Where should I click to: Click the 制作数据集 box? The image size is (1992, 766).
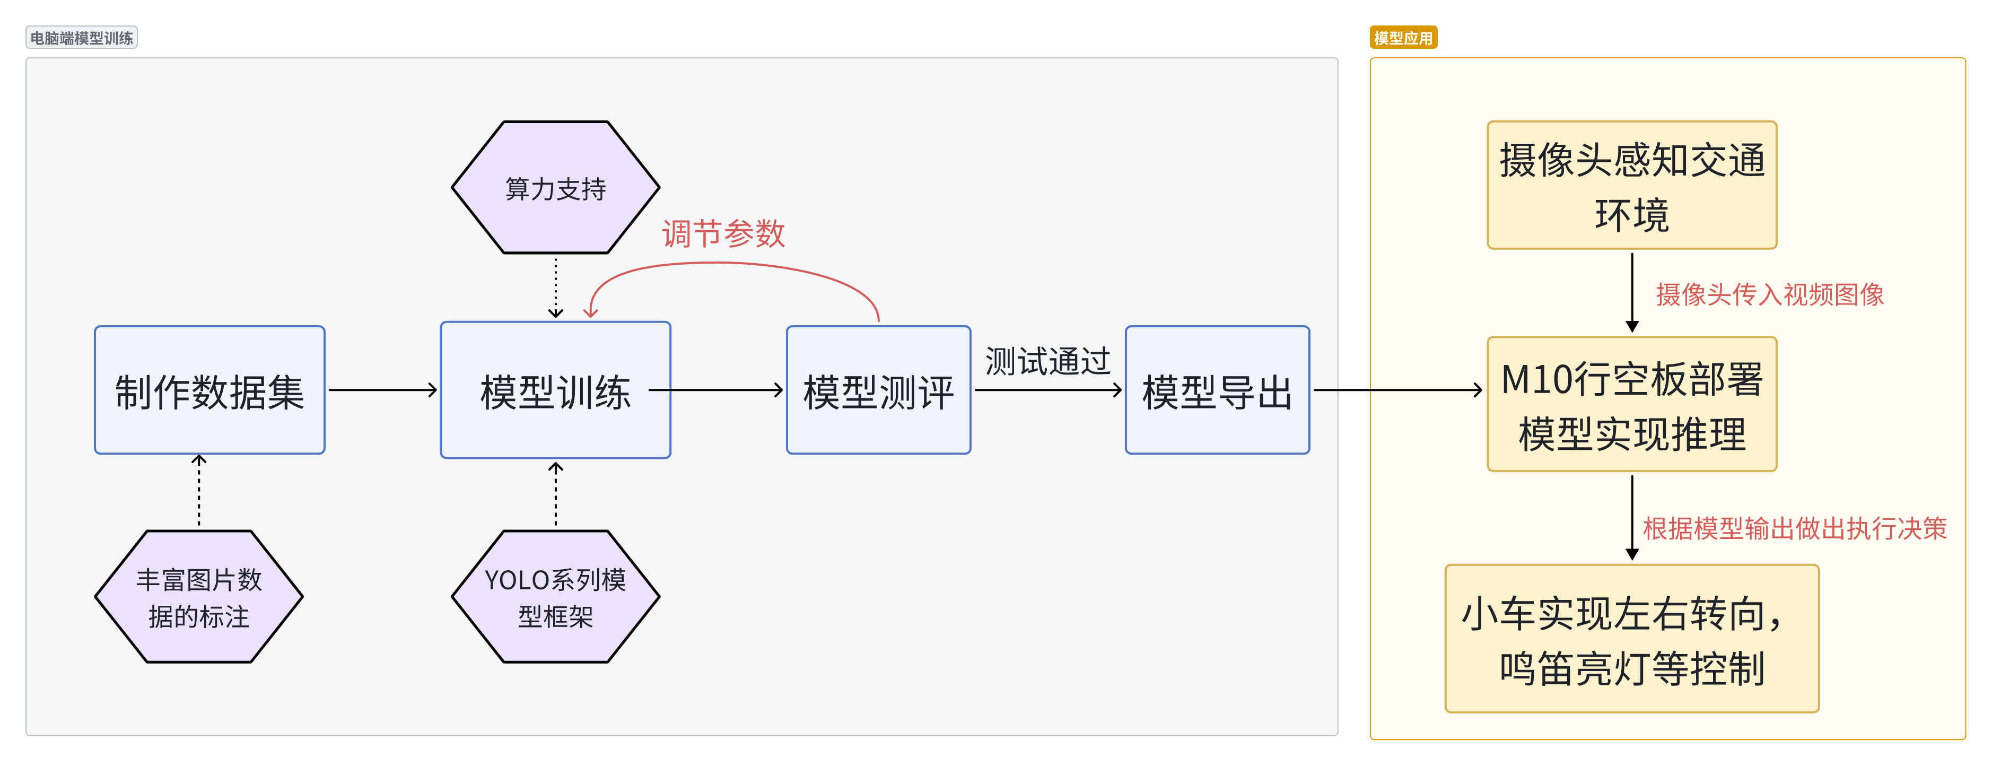209,390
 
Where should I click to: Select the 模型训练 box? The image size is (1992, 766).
555,390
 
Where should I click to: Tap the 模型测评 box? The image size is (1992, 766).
878,390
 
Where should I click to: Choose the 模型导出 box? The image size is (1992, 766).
1217,390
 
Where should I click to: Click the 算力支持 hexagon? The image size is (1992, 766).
555,187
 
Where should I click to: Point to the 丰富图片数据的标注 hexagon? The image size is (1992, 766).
199,597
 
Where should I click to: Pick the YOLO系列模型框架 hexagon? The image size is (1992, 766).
555,597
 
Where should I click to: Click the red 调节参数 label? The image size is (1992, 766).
723,233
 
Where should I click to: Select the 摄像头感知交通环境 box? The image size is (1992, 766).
1632,185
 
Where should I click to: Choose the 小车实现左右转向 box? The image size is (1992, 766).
1632,638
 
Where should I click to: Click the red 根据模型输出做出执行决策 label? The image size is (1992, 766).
1794,528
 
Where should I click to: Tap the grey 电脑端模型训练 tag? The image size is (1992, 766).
82,38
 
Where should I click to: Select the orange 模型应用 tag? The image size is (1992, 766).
1403,38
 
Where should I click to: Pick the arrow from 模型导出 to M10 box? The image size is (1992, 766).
1396,390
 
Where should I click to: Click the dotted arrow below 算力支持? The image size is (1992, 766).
555,288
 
